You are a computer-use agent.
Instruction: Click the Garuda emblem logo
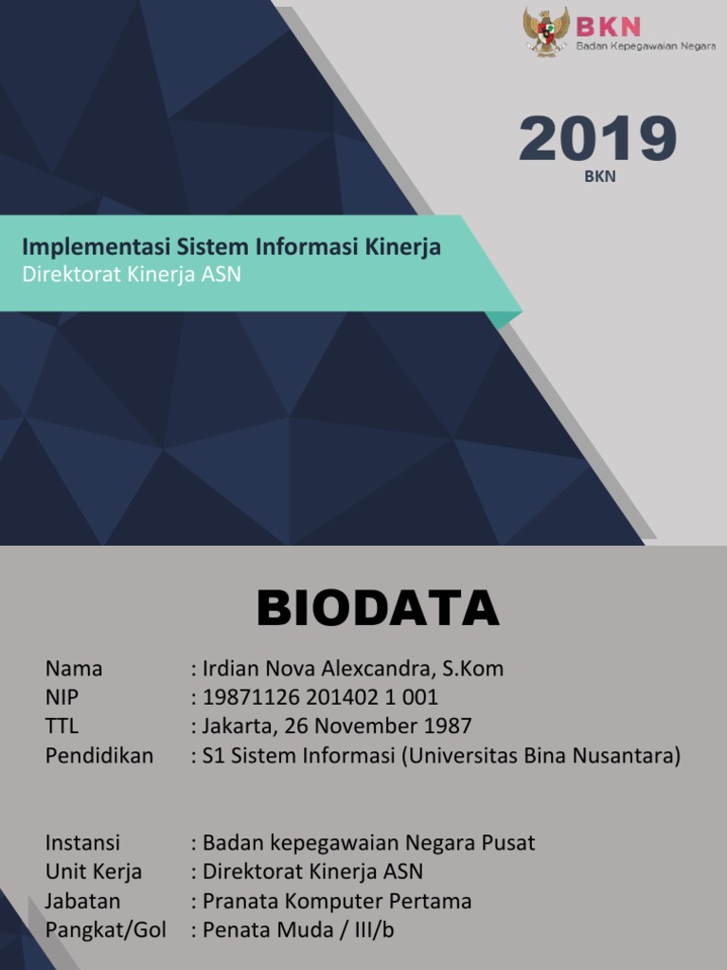pyautogui.click(x=546, y=31)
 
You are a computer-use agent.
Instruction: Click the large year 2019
pyautogui.click(x=597, y=139)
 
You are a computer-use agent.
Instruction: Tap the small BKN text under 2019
pyautogui.click(x=599, y=176)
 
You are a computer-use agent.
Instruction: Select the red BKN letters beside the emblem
pyautogui.click(x=609, y=25)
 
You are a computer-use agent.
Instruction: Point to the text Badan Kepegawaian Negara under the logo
pyautogui.click(x=646, y=45)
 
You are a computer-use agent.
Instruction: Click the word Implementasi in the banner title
pyautogui.click(x=96, y=247)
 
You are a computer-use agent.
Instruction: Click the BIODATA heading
pyautogui.click(x=378, y=609)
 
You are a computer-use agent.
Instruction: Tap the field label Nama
pyautogui.click(x=74, y=669)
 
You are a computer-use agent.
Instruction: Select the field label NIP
pyautogui.click(x=62, y=698)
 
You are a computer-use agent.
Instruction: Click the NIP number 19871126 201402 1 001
pyautogui.click(x=320, y=698)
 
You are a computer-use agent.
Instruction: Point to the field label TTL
pyautogui.click(x=62, y=727)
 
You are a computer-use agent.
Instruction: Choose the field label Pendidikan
pyautogui.click(x=99, y=756)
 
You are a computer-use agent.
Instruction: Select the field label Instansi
pyautogui.click(x=82, y=843)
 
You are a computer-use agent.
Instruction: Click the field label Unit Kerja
pyautogui.click(x=94, y=871)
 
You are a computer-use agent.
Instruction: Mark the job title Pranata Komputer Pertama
pyautogui.click(x=337, y=901)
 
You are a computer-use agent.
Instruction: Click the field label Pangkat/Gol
pyautogui.click(x=106, y=930)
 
